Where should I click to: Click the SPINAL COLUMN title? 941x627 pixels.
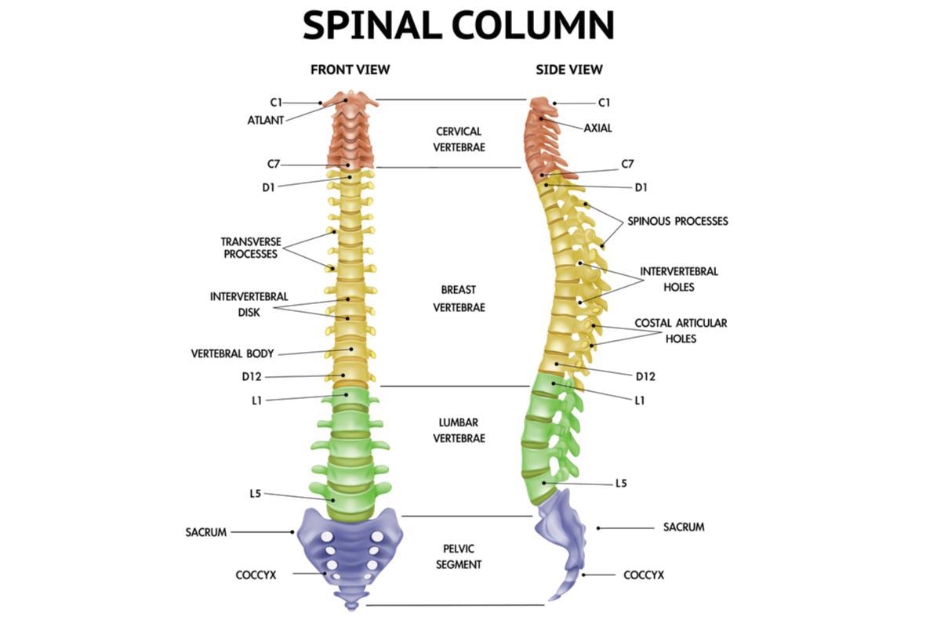pos(459,25)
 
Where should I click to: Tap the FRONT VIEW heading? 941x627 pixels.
pos(350,70)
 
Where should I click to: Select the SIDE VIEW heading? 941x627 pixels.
pos(569,70)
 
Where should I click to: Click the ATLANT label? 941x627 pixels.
pos(265,120)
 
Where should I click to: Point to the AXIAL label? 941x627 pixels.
pos(598,128)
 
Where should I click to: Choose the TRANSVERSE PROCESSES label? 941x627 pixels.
pos(250,248)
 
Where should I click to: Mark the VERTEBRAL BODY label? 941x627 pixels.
pos(232,353)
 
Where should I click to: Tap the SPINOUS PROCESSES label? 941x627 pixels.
pos(678,221)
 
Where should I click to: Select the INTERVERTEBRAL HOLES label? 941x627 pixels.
pos(679,279)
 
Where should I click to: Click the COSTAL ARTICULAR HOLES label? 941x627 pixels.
pos(681,331)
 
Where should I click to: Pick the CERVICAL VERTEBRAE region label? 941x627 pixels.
pos(459,139)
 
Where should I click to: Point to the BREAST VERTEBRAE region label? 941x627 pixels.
pos(459,299)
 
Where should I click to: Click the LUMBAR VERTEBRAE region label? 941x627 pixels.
pos(459,430)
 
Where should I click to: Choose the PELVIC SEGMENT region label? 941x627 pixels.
pos(459,556)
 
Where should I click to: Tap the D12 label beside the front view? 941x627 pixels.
pos(251,376)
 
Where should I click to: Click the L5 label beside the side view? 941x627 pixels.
pos(620,484)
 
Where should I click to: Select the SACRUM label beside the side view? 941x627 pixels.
pos(684,527)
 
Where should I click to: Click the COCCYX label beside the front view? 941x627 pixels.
pos(256,574)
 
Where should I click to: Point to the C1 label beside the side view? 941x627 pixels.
pos(604,103)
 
